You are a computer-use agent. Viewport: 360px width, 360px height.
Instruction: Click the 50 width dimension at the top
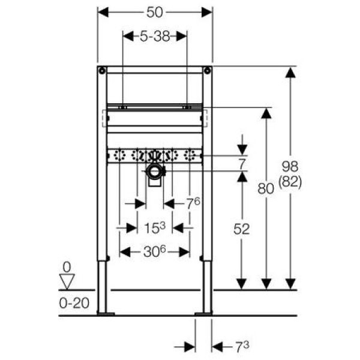click(155, 12)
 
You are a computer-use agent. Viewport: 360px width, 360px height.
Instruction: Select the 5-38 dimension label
click(155, 36)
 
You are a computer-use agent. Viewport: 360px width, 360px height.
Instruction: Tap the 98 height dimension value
click(290, 166)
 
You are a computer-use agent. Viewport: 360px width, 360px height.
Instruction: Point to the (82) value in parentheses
click(290, 182)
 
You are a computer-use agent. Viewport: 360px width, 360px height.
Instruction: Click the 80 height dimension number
click(266, 189)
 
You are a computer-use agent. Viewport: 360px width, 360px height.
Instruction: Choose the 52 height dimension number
click(242, 229)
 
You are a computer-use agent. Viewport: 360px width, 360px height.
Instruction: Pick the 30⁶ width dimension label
click(155, 251)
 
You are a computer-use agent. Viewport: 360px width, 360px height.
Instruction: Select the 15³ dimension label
click(155, 227)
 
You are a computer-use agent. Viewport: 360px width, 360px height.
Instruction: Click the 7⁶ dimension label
click(193, 203)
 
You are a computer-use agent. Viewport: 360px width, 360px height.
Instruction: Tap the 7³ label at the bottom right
click(242, 346)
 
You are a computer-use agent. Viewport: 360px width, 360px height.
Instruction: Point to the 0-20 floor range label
click(74, 303)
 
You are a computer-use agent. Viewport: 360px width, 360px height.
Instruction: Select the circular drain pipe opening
click(155, 171)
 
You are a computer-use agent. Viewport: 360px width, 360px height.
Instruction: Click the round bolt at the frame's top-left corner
click(102, 70)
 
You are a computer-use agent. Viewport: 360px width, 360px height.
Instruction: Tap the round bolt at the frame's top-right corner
click(208, 70)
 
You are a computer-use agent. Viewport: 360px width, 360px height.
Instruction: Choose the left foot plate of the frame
click(106, 314)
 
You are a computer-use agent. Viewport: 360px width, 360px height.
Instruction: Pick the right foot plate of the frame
click(203, 314)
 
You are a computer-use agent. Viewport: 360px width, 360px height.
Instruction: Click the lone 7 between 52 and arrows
click(242, 164)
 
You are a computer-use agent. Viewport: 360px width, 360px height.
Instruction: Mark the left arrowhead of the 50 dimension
click(103, 12)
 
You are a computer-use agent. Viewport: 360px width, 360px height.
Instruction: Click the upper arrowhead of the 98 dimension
click(290, 73)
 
